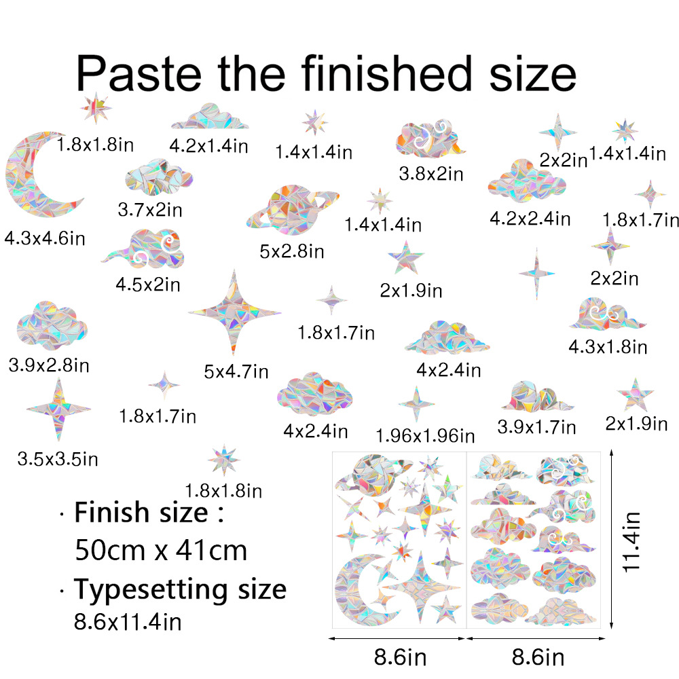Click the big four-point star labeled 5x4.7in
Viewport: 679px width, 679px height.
[234, 313]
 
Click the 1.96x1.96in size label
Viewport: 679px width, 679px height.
[425, 435]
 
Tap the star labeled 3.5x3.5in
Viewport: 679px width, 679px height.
[58, 408]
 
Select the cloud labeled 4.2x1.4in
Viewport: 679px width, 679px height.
[209, 117]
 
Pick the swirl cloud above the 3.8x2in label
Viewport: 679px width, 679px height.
[429, 140]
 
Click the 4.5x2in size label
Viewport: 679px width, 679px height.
[148, 285]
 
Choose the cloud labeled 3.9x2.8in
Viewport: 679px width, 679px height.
[52, 325]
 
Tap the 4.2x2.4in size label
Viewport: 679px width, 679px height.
[530, 219]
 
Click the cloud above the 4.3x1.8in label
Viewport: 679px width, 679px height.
[606, 314]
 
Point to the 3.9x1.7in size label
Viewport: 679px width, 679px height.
[536, 427]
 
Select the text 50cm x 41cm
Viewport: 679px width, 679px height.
[160, 550]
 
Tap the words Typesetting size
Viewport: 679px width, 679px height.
[180, 589]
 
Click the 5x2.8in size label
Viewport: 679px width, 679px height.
[292, 252]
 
